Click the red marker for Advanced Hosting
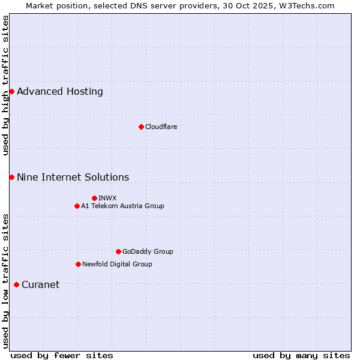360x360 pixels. click(x=11, y=91)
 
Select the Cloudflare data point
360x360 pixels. click(x=141, y=127)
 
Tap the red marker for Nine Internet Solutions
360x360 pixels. click(x=11, y=177)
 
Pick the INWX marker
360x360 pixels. click(x=94, y=198)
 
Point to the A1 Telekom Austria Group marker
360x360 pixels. click(x=77, y=206)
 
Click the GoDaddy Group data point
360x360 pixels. click(x=118, y=251)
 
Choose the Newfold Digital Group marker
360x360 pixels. click(x=78, y=264)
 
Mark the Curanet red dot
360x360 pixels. click(x=16, y=284)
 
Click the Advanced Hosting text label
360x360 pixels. click(x=60, y=92)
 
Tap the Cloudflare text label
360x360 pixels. click(x=161, y=127)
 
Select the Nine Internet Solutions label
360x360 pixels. click(x=73, y=178)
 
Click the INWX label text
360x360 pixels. click(x=107, y=198)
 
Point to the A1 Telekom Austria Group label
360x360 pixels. click(x=122, y=206)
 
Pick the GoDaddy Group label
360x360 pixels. click(x=148, y=251)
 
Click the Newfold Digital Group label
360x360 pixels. click(x=117, y=264)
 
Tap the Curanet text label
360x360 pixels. click(x=41, y=285)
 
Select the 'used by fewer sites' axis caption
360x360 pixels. click(x=62, y=355)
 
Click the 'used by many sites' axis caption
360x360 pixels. click(x=301, y=355)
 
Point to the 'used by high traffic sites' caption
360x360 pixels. click(x=5, y=85)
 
